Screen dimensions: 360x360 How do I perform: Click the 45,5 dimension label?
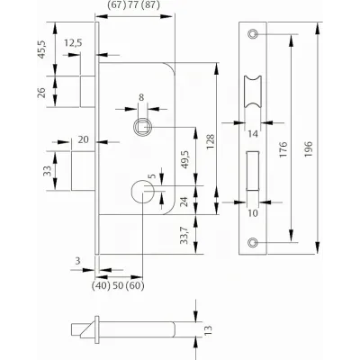(42, 49)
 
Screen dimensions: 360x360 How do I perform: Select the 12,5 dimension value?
(73, 43)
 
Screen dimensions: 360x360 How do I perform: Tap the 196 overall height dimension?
(308, 149)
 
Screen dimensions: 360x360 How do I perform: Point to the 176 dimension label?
(283, 149)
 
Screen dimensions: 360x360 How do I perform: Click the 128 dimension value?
(211, 141)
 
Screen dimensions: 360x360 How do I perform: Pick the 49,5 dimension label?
(184, 159)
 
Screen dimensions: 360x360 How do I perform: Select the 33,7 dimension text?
(184, 235)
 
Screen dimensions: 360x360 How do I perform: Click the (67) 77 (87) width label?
(133, 5)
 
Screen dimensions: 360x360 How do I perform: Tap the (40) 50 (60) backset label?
(118, 285)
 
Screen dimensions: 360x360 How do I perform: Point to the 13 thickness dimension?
(209, 330)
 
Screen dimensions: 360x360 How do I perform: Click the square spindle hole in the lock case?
(143, 127)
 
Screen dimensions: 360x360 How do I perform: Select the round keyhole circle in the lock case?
(143, 192)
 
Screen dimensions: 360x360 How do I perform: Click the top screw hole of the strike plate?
(253, 34)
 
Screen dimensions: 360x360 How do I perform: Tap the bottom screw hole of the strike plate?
(253, 242)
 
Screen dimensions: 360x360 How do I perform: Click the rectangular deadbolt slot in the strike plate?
(253, 171)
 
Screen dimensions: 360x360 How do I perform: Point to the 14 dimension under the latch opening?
(253, 134)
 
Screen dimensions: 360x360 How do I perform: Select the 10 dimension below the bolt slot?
(253, 213)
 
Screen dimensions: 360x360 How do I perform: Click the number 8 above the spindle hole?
(141, 97)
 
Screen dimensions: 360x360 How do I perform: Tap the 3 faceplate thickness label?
(77, 261)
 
